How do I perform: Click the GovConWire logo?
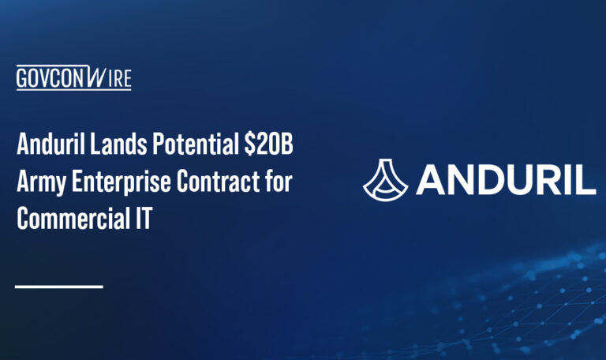(x=73, y=78)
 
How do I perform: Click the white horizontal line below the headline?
(x=59, y=286)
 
